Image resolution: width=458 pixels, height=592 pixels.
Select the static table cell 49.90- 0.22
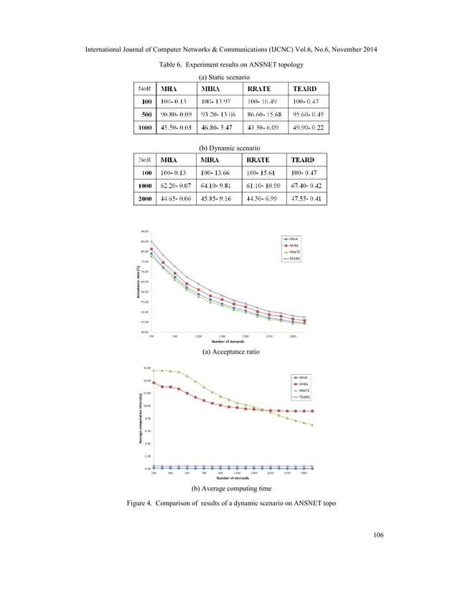(x=306, y=128)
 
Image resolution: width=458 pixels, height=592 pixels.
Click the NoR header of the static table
(x=144, y=88)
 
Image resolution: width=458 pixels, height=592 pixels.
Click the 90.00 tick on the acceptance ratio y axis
(x=144, y=231)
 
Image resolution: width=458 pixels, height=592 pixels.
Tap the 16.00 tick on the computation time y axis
(x=146, y=367)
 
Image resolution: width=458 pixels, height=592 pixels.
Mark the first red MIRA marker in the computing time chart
(x=154, y=383)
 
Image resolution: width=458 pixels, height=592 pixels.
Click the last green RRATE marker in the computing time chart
(x=312, y=425)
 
